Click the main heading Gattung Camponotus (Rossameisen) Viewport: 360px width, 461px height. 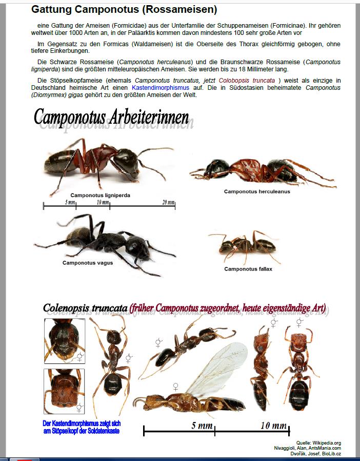pyautogui.click(x=124, y=10)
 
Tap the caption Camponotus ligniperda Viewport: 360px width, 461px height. pyautogui.click(x=100, y=195)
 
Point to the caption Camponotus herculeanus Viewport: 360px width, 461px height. pyautogui.click(x=257, y=191)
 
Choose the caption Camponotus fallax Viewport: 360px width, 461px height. pyautogui.click(x=248, y=269)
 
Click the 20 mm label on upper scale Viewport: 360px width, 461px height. pyautogui.click(x=168, y=202)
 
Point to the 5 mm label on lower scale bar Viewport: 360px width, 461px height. pyautogui.click(x=202, y=426)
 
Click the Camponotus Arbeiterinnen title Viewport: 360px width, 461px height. pyautogui.click(x=111, y=117)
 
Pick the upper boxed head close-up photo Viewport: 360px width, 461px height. pyautogui.click(x=64, y=340)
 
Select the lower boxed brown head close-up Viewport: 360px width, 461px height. pyautogui.click(x=64, y=391)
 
